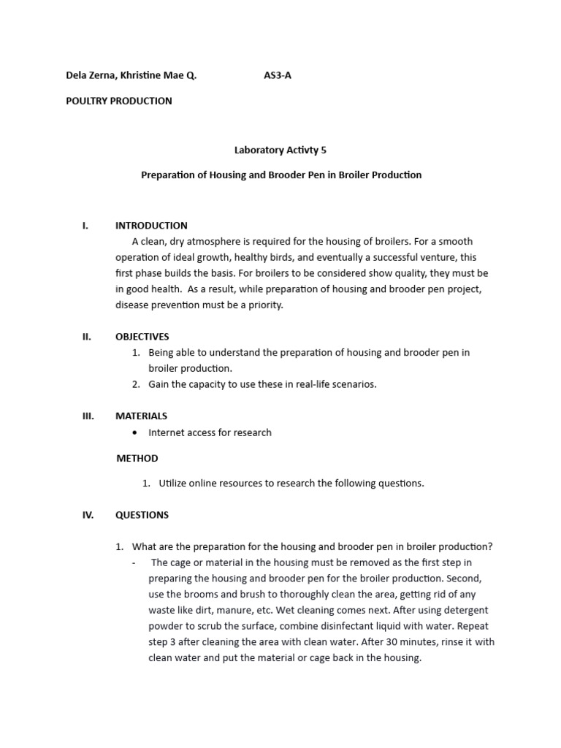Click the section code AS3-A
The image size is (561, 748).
pyautogui.click(x=277, y=75)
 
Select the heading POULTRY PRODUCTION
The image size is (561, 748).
pyautogui.click(x=119, y=101)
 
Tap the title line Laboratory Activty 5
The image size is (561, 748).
pyautogui.click(x=280, y=150)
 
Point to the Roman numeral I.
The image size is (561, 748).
pyautogui.click(x=85, y=226)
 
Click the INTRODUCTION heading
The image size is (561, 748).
pyautogui.click(x=151, y=226)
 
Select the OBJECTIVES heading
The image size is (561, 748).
pyautogui.click(x=142, y=337)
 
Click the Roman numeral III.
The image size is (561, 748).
pyautogui.click(x=88, y=416)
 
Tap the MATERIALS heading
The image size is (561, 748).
pyautogui.click(x=141, y=416)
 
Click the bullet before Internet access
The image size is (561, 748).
pyautogui.click(x=136, y=432)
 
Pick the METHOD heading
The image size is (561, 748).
pyautogui.click(x=137, y=458)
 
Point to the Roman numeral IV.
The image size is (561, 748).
pyautogui.click(x=88, y=515)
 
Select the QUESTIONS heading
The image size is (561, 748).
pyautogui.click(x=142, y=515)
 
